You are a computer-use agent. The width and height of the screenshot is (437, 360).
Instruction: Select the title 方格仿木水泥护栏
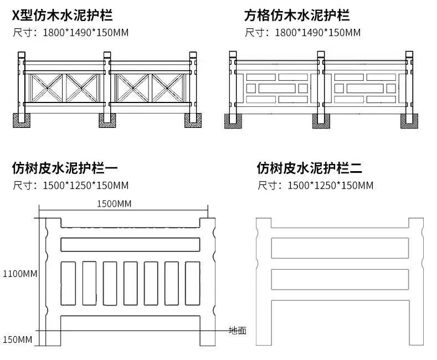(x=297, y=15)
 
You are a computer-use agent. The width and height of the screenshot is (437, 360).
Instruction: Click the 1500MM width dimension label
(x=114, y=204)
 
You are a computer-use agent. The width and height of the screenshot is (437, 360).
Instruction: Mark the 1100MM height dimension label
(x=19, y=274)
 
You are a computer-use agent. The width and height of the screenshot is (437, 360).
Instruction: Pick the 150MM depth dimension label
(x=17, y=339)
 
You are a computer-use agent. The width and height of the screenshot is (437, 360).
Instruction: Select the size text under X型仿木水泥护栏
(x=70, y=33)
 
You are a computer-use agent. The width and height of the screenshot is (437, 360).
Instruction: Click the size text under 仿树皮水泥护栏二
(x=315, y=184)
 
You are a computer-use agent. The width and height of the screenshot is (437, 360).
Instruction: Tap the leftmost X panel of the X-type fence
(x=45, y=87)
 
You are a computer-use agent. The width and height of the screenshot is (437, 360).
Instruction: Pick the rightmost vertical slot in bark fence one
(x=192, y=284)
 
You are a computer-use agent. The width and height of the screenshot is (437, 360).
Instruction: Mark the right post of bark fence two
(x=417, y=282)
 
